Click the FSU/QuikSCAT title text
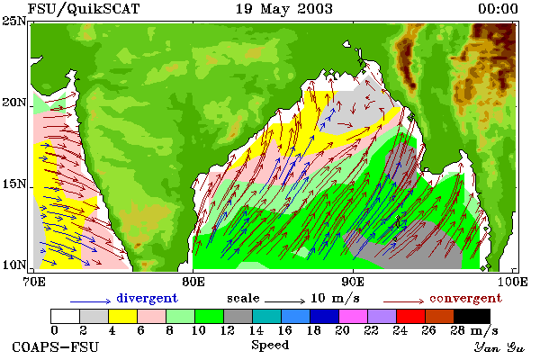click(x=84, y=9)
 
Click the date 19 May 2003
click(x=284, y=9)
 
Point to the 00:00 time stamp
click(x=498, y=9)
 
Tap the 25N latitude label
click(x=14, y=21)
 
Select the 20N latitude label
click(x=14, y=103)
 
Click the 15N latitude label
click(x=14, y=184)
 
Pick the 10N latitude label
click(x=14, y=265)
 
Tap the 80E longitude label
click(x=193, y=282)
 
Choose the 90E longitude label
click(x=353, y=282)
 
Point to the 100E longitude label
click(x=512, y=282)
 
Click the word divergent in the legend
click(x=147, y=298)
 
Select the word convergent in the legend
click(x=465, y=298)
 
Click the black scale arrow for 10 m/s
click(x=284, y=301)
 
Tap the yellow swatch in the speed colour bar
click(x=122, y=316)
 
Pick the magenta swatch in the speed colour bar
click(x=353, y=316)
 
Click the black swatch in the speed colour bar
click(x=472, y=316)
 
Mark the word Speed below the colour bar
click(x=270, y=345)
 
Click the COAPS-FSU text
click(x=56, y=346)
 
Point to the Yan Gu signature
click(x=499, y=347)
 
